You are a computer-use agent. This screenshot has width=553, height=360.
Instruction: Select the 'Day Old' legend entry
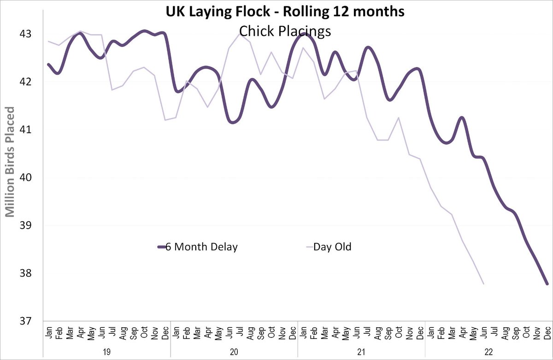pyautogui.click(x=332, y=247)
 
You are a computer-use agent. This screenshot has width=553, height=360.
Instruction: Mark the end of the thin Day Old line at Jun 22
pyautogui.click(x=483, y=284)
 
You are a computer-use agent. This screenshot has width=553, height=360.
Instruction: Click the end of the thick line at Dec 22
pyautogui.click(x=547, y=284)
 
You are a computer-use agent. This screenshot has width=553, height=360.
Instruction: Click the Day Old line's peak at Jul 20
pyautogui.click(x=240, y=34)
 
